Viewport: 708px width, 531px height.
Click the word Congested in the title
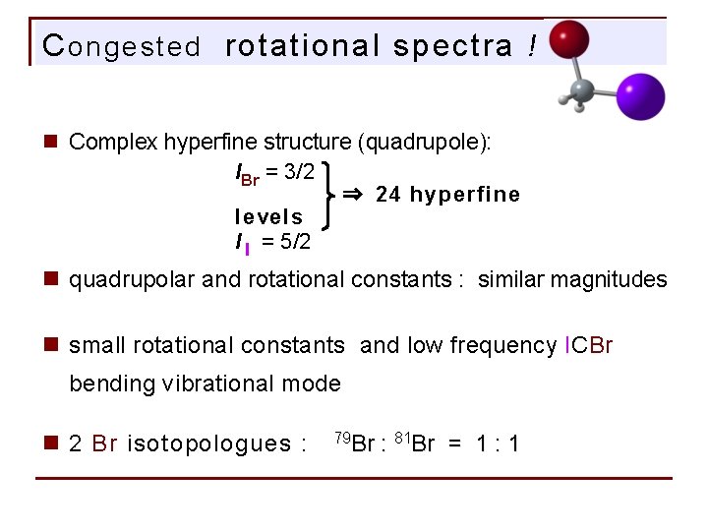[x=122, y=46]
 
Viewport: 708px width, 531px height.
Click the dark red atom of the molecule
[x=568, y=41]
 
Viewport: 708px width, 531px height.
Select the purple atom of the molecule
[x=641, y=97]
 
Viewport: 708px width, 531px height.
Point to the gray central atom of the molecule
[x=582, y=89]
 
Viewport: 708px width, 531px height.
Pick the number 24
[x=388, y=194]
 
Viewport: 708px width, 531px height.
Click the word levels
[x=268, y=216]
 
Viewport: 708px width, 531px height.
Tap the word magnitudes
[x=611, y=280]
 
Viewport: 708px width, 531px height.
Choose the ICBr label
[x=589, y=345]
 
